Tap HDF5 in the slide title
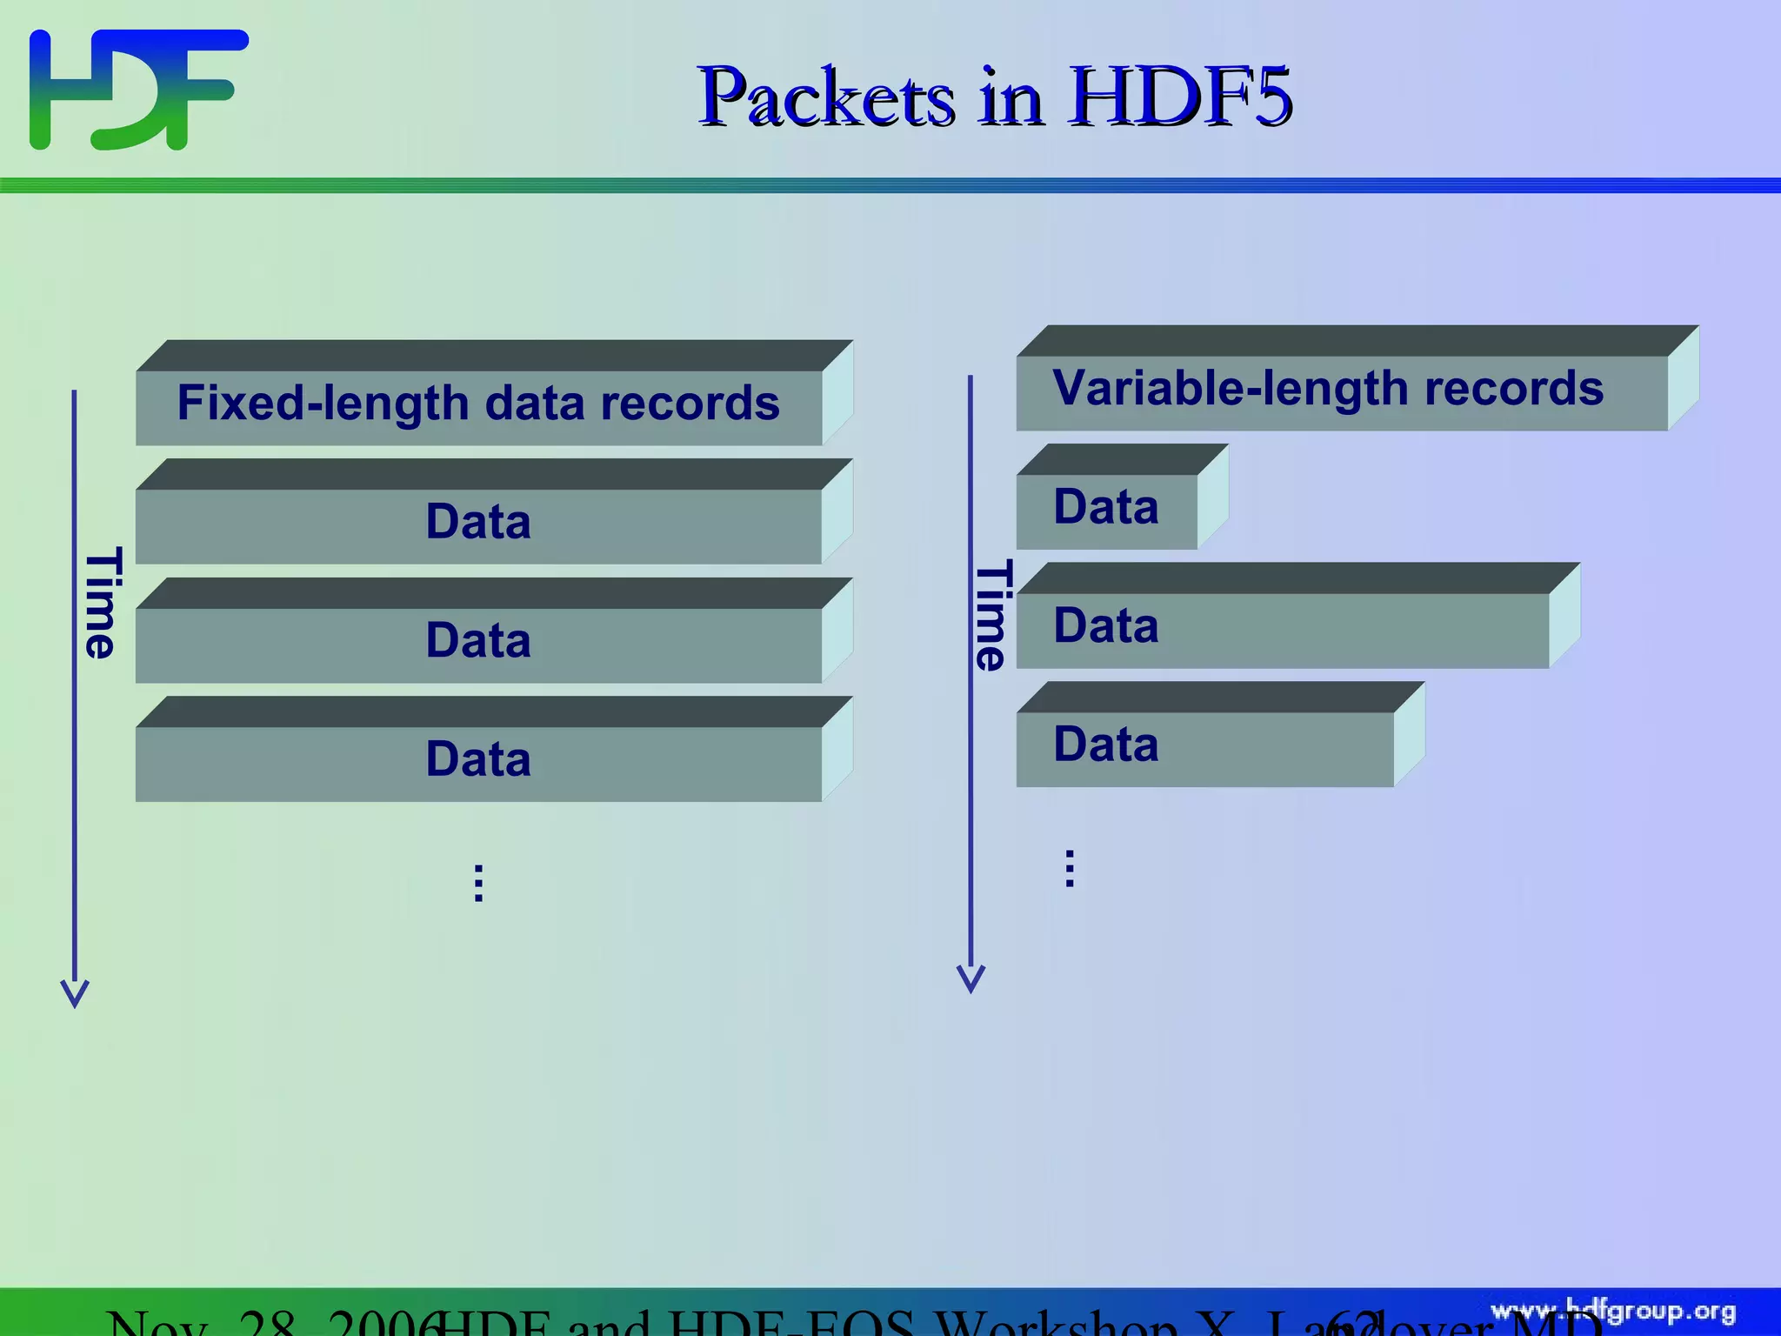[x=1180, y=97]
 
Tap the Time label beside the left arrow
[x=102, y=602]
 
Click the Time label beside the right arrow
[x=992, y=614]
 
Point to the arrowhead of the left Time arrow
[x=75, y=993]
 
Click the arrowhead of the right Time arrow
[x=971, y=979]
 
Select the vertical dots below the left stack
[x=478, y=883]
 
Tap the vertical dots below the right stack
[x=1070, y=868]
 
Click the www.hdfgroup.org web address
[x=1613, y=1311]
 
